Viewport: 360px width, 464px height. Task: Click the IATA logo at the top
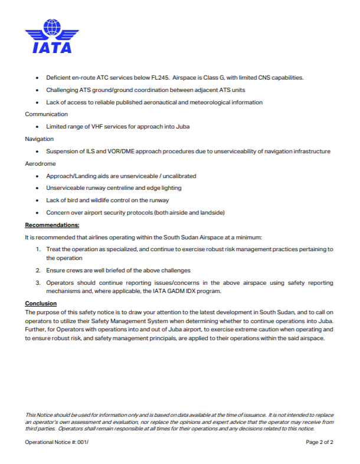[52, 37]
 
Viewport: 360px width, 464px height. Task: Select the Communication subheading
[46, 114]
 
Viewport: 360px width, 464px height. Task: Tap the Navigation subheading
[39, 139]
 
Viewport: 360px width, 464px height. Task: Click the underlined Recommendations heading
[52, 225]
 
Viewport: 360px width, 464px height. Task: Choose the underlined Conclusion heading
[41, 303]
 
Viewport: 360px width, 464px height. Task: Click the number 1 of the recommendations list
[38, 249]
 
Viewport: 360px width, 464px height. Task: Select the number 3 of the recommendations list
[38, 283]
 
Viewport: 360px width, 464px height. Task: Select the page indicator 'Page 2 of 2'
[320, 442]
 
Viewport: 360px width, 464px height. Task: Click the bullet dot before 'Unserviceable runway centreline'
[38, 188]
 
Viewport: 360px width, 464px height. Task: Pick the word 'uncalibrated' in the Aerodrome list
[179, 176]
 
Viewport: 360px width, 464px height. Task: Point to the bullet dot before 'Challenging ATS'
[38, 90]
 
